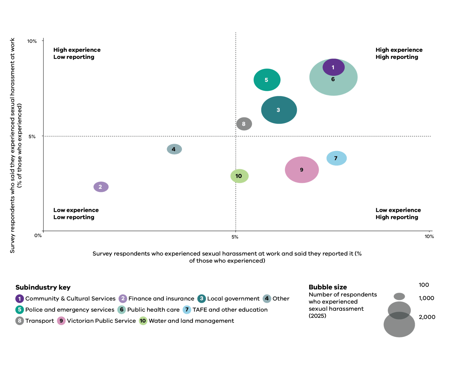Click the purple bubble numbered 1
point(333,67)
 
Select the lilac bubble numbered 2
point(101,187)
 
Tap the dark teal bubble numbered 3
point(279,110)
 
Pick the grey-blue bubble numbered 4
point(174,149)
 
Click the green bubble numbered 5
point(267,80)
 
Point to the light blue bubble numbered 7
point(336,158)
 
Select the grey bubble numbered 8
point(244,124)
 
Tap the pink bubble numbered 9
point(302,170)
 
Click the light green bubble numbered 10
point(239,176)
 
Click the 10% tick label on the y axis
point(32,41)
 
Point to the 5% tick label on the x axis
point(235,237)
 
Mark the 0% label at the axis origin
point(38,235)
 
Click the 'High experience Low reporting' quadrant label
point(77,53)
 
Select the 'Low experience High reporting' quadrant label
point(398,213)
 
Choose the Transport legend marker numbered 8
point(20,321)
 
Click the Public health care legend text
point(154,309)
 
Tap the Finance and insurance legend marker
point(123,298)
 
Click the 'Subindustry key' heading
point(43,287)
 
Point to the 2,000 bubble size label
point(427,317)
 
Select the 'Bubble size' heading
point(328,287)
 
